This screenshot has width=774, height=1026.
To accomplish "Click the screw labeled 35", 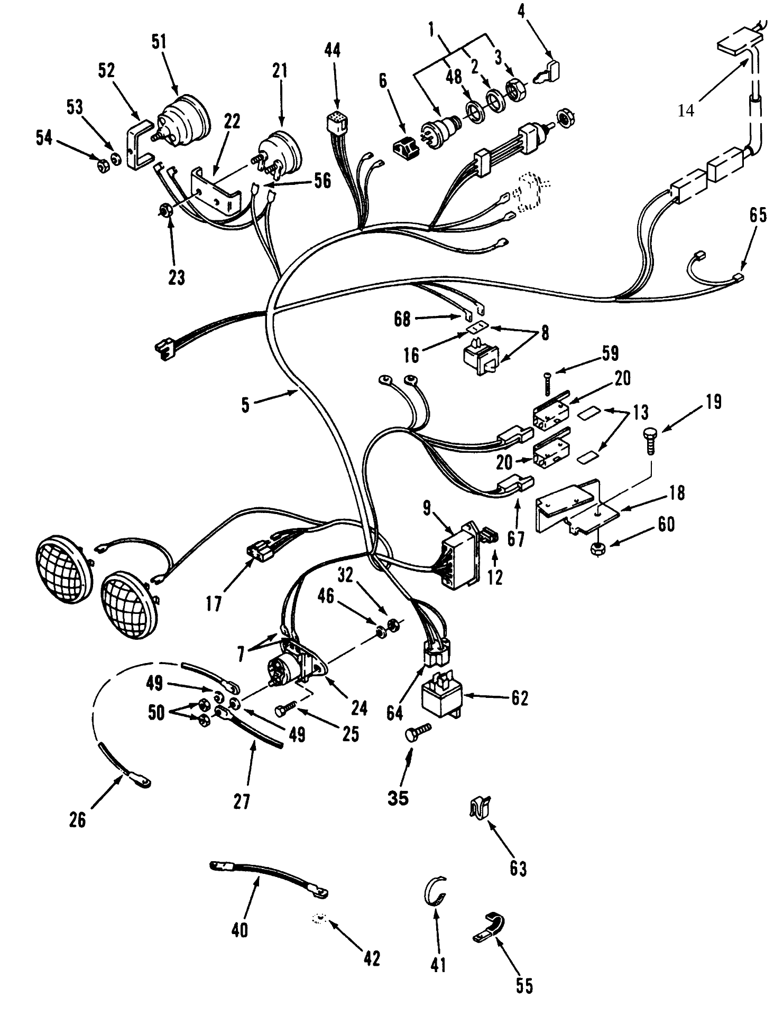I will point(417,732).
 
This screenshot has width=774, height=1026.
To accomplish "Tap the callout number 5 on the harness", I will point(245,406).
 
